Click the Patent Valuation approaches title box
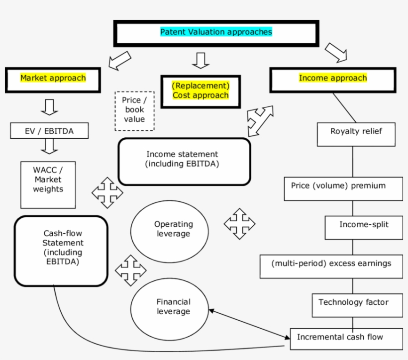216,33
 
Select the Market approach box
53,79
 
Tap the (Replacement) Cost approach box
201,91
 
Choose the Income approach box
332,79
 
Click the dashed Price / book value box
134,110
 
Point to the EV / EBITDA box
49,131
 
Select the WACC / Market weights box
48,184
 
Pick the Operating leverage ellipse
170,230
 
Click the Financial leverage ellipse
170,307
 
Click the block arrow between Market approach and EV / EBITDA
49,107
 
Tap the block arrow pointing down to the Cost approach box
201,60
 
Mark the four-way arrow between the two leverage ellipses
130,270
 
